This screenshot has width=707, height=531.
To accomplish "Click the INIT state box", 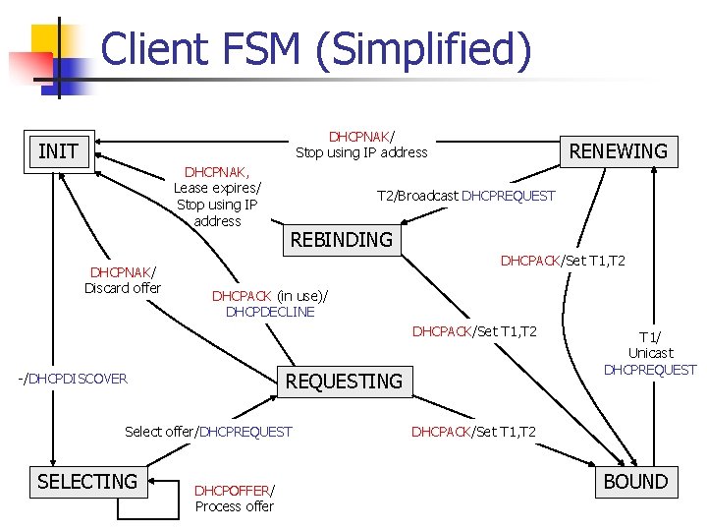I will [x=58, y=151].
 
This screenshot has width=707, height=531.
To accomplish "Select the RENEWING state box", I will [x=618, y=150].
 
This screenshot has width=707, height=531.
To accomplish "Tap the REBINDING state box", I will [x=341, y=240].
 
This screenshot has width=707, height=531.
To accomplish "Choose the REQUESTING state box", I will [x=344, y=381].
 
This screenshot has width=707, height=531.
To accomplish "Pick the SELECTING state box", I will [x=87, y=481].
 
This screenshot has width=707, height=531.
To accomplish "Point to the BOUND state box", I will [x=634, y=481].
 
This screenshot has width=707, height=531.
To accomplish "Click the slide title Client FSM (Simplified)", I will [x=315, y=49].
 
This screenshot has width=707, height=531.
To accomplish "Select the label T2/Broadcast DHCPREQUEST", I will [x=466, y=196].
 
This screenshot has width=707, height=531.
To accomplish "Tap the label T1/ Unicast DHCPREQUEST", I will [x=650, y=352].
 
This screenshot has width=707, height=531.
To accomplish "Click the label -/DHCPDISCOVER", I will [x=73, y=379].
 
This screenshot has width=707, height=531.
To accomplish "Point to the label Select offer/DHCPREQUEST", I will [x=208, y=432].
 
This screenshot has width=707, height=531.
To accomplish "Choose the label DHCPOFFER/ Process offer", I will [x=235, y=498].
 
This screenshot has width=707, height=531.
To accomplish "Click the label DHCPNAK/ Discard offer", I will [x=123, y=279].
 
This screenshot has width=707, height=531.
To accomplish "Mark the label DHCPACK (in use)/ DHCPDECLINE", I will [x=270, y=303].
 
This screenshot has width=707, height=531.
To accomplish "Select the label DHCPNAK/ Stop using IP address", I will [x=361, y=144].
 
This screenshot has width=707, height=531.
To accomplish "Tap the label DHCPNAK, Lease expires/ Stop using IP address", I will [x=217, y=196].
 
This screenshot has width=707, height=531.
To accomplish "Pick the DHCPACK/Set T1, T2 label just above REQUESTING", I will [x=474, y=331].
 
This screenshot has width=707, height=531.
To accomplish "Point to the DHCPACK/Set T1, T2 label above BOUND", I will [x=473, y=432].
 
